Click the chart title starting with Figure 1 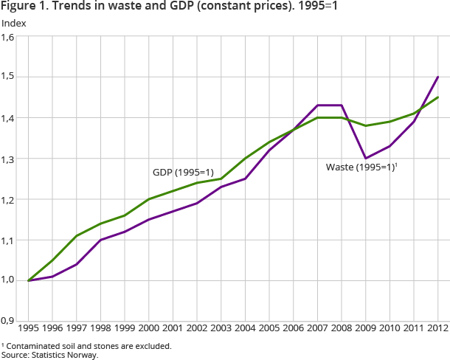pos(170,8)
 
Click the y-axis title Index pos(14,23)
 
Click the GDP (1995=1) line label pos(183,172)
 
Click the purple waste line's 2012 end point pos(438,77)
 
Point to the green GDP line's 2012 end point pos(438,97)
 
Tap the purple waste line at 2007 pos(318,105)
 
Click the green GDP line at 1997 pos(76,235)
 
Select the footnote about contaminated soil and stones pos(86,346)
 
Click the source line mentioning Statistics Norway pos(49,355)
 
